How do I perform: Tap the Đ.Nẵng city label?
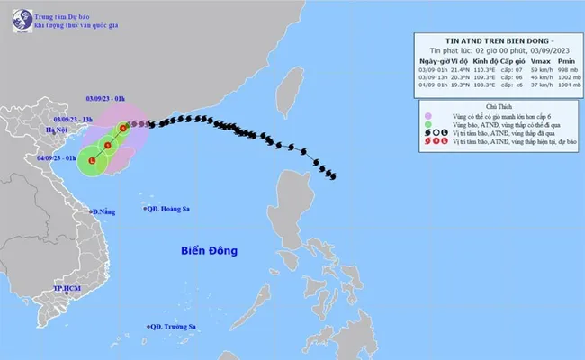pos(104,212)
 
